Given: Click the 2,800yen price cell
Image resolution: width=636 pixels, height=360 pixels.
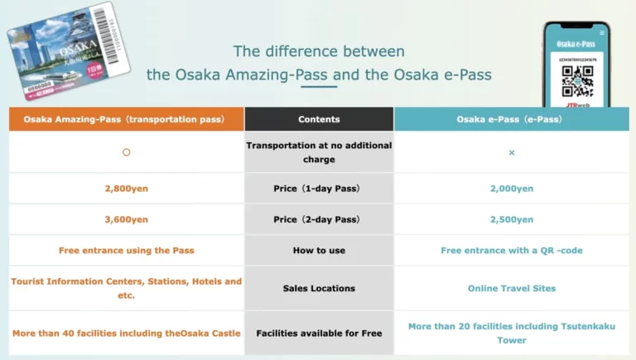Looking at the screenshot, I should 127,189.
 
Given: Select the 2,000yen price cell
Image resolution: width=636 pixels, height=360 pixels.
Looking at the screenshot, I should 511,189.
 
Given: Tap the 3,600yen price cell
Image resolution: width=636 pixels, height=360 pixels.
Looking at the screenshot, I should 127,219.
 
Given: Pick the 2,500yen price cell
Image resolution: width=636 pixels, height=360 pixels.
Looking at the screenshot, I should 511,219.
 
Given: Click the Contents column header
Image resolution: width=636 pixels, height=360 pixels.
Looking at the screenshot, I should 319,119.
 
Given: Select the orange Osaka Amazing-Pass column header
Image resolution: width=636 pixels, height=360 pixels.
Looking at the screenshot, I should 127,119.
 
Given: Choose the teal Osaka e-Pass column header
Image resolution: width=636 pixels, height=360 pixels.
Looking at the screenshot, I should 511,119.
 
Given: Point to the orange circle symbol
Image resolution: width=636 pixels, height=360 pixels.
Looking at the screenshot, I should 127,152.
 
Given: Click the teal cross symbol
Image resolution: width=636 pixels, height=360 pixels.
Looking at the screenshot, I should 511,152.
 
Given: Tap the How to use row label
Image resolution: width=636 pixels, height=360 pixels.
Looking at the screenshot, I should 319,250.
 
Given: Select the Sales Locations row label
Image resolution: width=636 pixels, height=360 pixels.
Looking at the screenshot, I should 319,288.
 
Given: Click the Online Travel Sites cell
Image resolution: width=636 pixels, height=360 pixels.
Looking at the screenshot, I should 511,288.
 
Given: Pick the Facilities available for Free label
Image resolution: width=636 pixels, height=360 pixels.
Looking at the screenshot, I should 319,334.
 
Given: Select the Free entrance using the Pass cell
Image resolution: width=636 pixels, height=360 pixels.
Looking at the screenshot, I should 127,250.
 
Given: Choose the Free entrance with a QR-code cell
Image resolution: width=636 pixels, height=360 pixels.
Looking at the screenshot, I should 511,250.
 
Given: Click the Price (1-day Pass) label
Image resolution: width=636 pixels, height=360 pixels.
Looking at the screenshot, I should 319,189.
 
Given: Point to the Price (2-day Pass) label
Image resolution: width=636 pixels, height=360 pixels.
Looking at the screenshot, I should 319,219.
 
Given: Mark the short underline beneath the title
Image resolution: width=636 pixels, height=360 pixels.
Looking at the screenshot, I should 319,86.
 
